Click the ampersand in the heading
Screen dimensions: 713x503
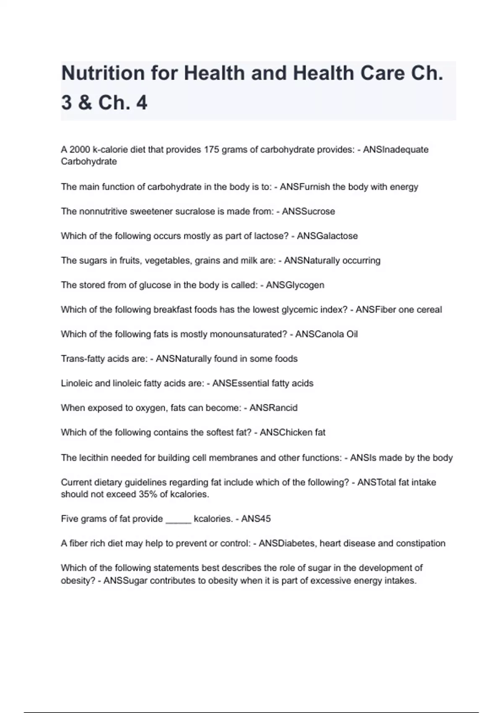85,103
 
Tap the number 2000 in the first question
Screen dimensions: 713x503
80,150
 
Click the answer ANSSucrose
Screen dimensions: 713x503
308,211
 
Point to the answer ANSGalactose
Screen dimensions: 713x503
327,236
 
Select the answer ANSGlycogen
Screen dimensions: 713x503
295,285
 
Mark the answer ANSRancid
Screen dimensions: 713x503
273,408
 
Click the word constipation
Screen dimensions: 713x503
420,544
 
